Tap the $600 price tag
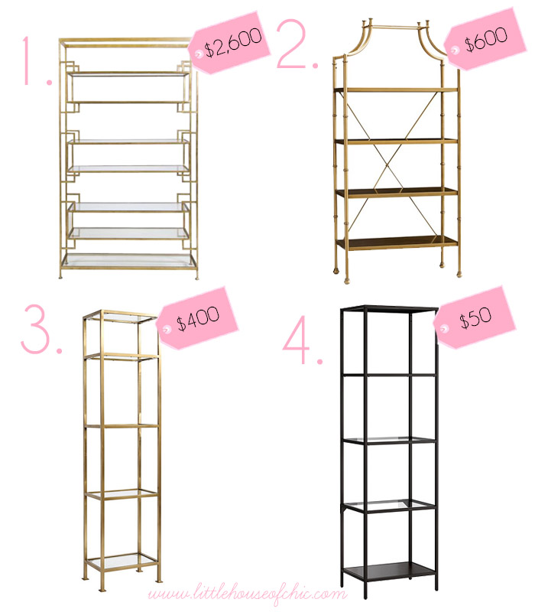click(484, 40)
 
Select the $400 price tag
click(197, 318)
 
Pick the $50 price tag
click(475, 317)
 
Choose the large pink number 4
click(301, 339)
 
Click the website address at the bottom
click(247, 595)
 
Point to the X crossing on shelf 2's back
click(394, 167)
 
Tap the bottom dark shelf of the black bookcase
click(389, 571)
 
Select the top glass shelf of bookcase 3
click(121, 317)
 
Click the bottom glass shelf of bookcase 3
click(122, 562)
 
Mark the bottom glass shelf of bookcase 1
click(128, 260)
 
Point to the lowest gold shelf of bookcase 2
click(397, 243)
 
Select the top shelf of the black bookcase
click(390, 310)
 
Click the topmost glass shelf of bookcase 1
click(128, 73)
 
